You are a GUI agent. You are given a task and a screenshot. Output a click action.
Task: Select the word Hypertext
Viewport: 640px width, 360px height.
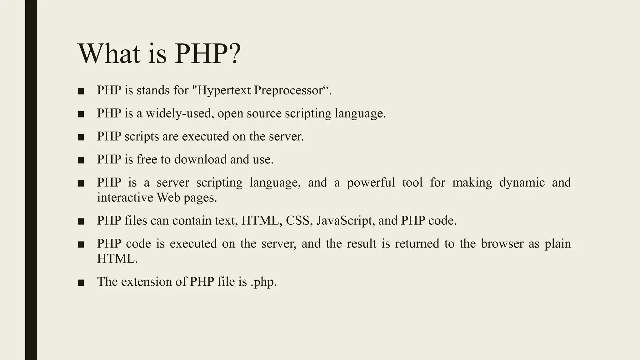tap(224, 91)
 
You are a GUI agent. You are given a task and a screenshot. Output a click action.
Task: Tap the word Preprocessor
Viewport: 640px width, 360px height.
tap(288, 91)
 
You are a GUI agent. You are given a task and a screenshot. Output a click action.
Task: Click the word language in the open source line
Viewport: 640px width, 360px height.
tap(360, 113)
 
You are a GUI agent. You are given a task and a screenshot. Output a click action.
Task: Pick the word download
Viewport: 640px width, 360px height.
tap(200, 159)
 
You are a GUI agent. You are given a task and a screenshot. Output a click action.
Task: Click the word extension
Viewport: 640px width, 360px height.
tap(146, 282)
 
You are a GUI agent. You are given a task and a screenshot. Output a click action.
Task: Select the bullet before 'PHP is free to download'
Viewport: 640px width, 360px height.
tap(81, 160)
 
